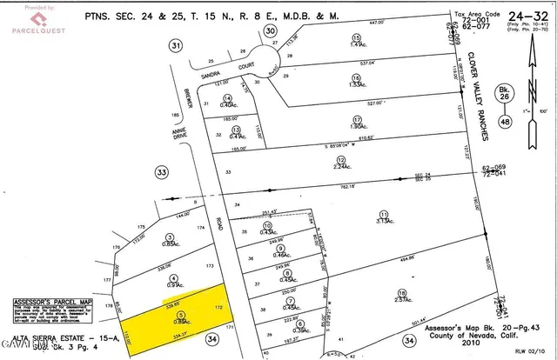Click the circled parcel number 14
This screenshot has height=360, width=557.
[228, 98]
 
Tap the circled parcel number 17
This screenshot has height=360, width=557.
[357, 119]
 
